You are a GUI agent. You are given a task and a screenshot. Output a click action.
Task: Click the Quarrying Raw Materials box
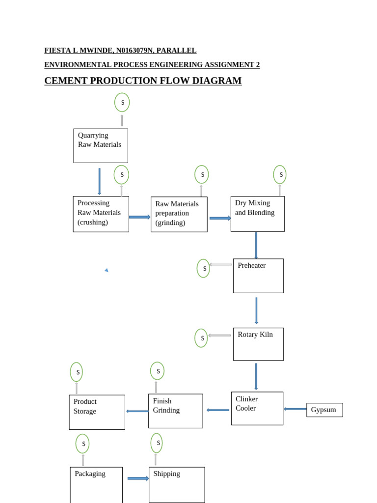tap(101, 146)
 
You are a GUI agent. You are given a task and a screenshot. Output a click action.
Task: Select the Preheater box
tap(258, 276)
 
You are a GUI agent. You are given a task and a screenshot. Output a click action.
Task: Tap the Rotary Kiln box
tap(258, 344)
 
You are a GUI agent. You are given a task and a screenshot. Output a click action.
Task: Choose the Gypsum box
tap(324, 410)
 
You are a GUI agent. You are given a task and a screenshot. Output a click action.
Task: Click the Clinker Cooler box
tap(257, 408)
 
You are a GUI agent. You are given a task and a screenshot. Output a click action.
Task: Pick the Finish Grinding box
tap(175, 411)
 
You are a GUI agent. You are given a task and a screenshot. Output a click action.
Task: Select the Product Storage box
tap(97, 412)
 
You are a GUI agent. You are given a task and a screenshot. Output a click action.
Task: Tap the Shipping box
tap(177, 484)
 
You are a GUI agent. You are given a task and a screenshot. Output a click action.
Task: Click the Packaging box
tap(96, 485)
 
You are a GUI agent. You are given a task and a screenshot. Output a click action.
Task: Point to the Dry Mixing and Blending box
tap(257, 214)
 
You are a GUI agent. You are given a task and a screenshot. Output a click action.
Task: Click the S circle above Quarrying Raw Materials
tap(122, 102)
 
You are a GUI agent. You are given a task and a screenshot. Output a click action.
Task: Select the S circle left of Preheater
tap(203, 268)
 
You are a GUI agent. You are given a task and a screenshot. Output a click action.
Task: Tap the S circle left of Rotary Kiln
tap(201, 338)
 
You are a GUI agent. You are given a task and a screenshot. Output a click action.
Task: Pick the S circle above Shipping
tap(157, 443)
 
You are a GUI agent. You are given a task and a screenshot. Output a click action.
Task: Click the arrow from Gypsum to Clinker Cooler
tap(295, 409)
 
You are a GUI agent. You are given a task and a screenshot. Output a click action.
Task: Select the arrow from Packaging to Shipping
tap(138, 478)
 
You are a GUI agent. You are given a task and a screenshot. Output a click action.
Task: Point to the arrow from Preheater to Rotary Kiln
tap(256, 310)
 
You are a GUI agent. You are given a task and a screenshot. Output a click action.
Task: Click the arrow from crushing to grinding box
tap(139, 217)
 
